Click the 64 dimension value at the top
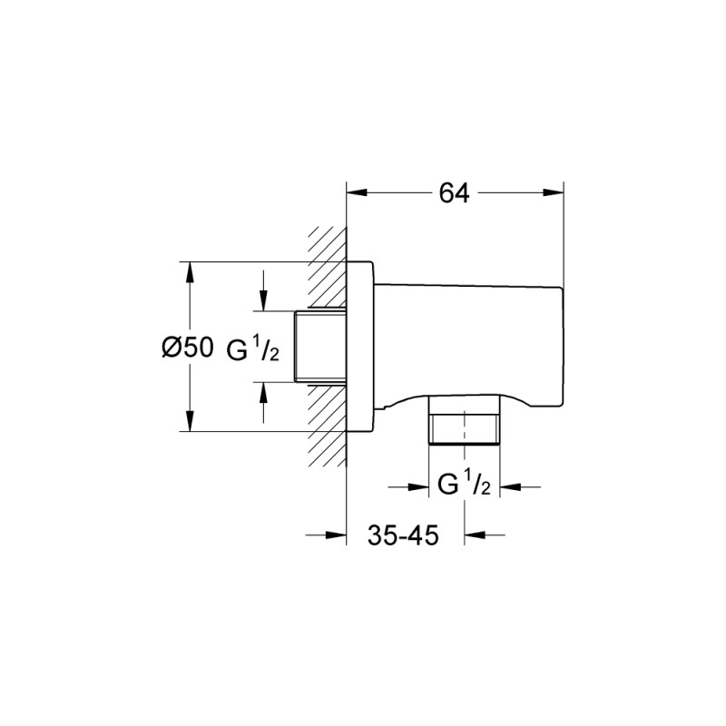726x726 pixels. [x=455, y=193]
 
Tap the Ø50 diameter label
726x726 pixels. [x=187, y=348]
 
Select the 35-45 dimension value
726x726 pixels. [x=405, y=535]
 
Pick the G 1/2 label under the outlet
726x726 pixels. [x=465, y=486]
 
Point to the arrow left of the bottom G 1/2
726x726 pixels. [x=419, y=487]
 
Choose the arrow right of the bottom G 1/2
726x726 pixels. [x=512, y=487]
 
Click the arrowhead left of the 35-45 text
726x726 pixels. [x=338, y=535]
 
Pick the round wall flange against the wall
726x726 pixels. [x=360, y=347]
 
